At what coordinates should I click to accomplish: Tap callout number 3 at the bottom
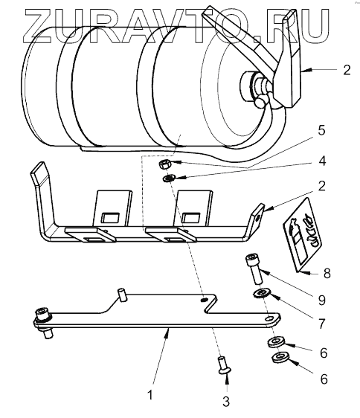pyautogui.click(x=226, y=401)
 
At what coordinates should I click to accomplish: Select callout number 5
pyautogui.click(x=322, y=131)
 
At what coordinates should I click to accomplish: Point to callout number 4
pyautogui.click(x=322, y=161)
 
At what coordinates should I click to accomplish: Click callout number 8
pyautogui.click(x=327, y=274)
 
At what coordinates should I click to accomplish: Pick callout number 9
pyautogui.click(x=322, y=300)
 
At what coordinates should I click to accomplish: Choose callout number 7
pyautogui.click(x=322, y=324)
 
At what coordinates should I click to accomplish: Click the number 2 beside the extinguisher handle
pyautogui.click(x=347, y=70)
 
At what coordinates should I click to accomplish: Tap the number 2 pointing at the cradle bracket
pyautogui.click(x=322, y=186)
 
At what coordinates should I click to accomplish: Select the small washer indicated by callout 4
pyautogui.click(x=169, y=178)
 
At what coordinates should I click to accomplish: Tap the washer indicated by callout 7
pyautogui.click(x=262, y=294)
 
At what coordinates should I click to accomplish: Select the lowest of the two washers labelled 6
pyautogui.click(x=280, y=357)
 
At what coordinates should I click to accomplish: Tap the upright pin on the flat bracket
pyautogui.click(x=122, y=295)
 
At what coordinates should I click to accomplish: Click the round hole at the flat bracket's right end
pyautogui.click(x=270, y=318)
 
